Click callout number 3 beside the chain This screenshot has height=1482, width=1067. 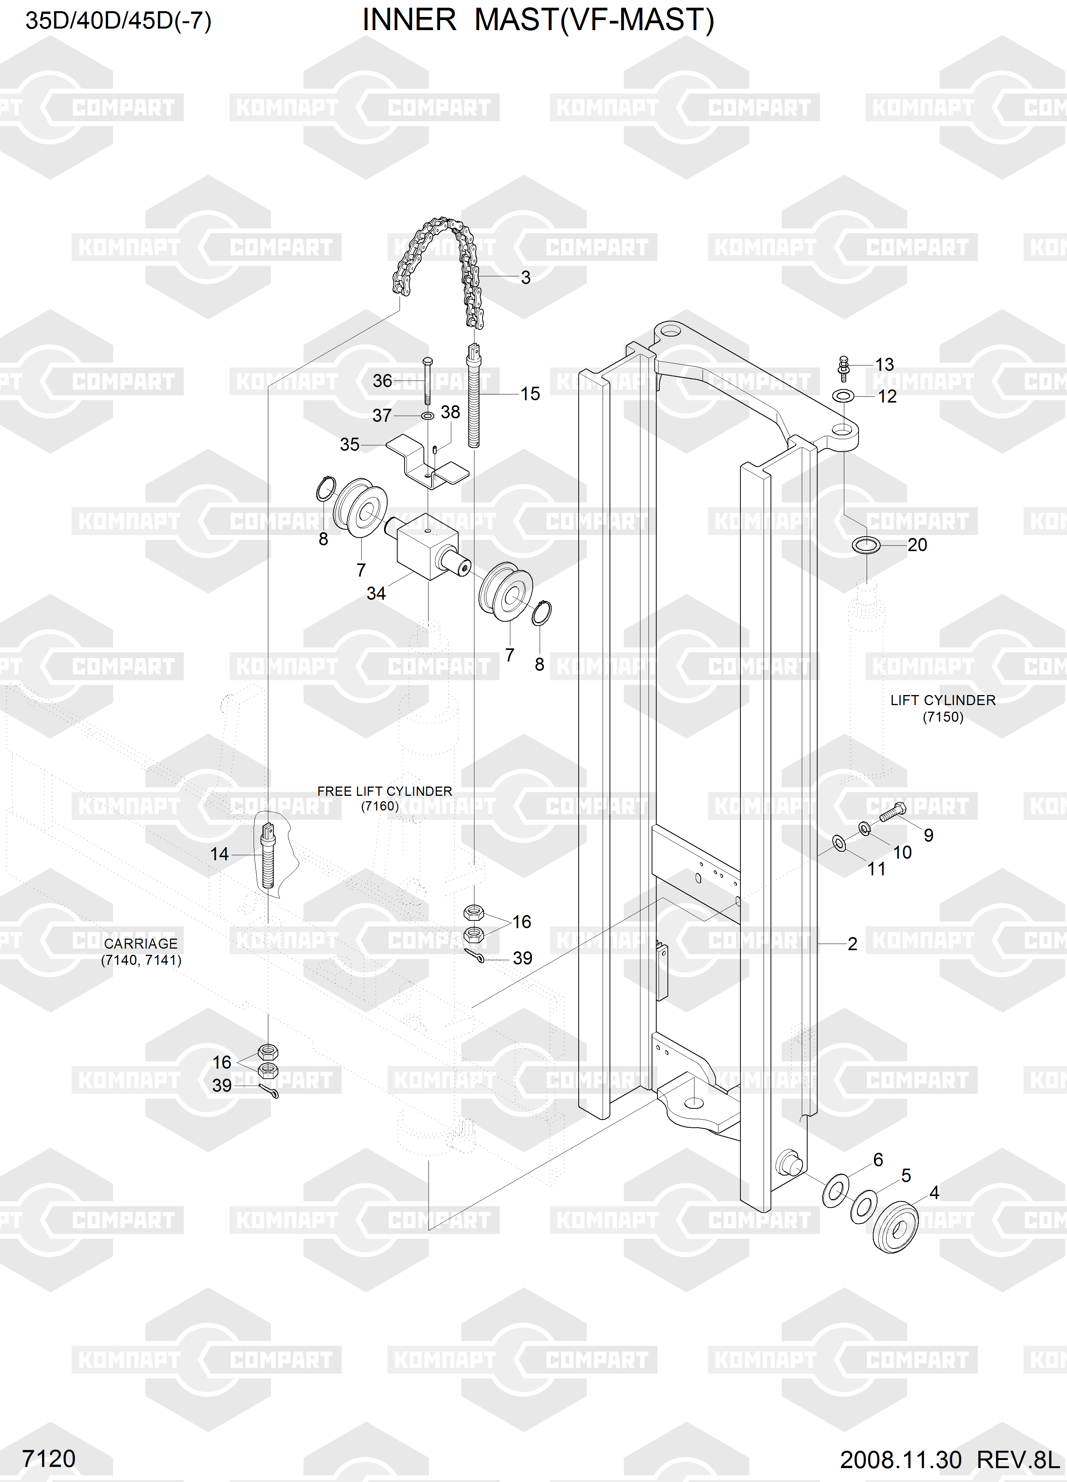pos(526,278)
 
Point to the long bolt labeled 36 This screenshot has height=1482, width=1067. pos(426,382)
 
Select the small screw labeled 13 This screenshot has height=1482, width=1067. pos(843,369)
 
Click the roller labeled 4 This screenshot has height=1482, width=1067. pos(896,1232)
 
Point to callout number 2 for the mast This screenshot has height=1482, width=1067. pos(852,944)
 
